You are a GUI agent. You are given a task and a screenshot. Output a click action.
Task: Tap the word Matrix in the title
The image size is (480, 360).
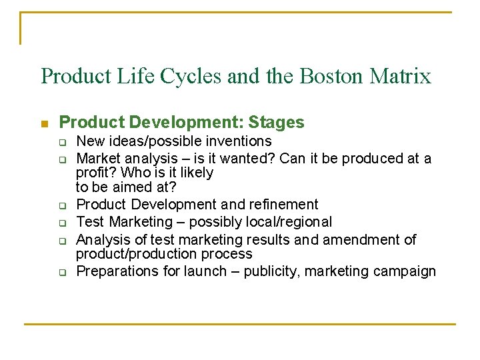pos(402,76)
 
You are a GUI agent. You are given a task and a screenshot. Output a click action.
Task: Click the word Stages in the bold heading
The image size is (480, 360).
pos(276,123)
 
